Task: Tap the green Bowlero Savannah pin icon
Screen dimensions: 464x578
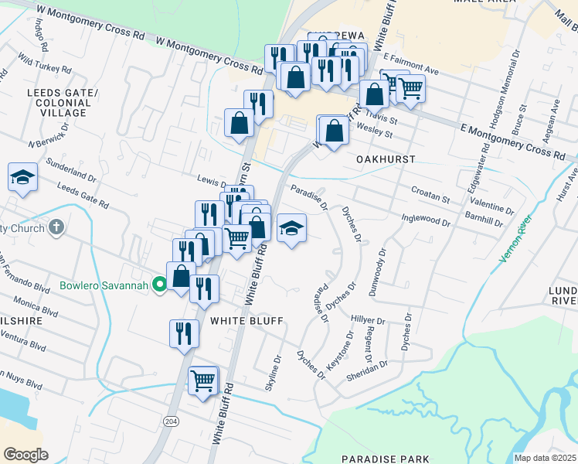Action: click(x=159, y=285)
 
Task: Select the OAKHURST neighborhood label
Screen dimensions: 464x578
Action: click(x=386, y=159)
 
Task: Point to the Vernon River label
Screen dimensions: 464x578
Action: click(x=516, y=239)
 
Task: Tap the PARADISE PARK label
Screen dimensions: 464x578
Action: click(x=384, y=459)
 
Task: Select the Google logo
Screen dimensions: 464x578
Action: click(x=25, y=454)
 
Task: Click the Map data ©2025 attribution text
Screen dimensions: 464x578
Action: click(x=545, y=458)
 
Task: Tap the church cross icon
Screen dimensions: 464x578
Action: click(x=56, y=227)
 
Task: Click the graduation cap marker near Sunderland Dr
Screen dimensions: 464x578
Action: click(x=22, y=178)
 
